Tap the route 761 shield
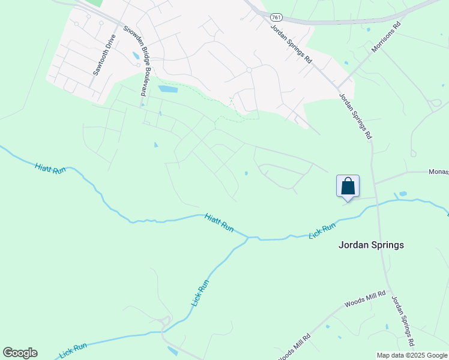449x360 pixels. (276, 17)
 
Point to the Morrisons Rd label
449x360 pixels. (385, 38)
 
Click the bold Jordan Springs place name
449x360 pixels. (371, 245)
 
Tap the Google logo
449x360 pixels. (20, 353)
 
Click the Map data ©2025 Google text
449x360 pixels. (412, 355)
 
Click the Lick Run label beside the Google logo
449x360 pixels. (73, 350)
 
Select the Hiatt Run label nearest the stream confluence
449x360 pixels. (218, 223)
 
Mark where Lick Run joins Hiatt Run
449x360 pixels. (248, 238)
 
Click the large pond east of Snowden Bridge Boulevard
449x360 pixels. (168, 89)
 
